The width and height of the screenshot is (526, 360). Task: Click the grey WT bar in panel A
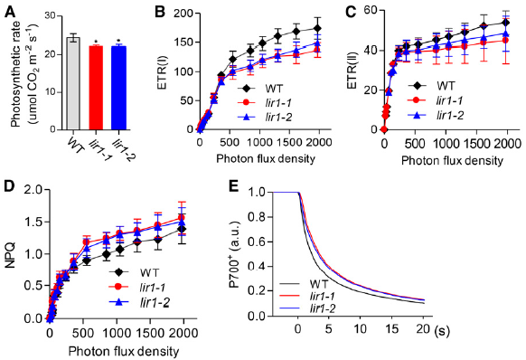pos(73,83)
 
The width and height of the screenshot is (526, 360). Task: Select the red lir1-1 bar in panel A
pos(96,88)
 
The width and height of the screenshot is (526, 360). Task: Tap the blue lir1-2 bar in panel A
pos(118,88)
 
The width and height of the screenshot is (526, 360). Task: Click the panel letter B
pos(160,13)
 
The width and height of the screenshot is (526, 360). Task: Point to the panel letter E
pos(233,186)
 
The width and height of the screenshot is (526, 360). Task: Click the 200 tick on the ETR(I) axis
pos(185,14)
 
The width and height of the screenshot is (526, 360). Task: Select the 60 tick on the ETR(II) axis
pos(370,11)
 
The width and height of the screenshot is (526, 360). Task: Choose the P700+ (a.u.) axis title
pos(235,254)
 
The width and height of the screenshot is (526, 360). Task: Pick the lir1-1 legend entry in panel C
pos(436,100)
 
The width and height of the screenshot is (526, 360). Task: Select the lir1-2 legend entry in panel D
pos(139,303)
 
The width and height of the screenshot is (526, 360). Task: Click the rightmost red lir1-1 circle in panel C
pos(505,41)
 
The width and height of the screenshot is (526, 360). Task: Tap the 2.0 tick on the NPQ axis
pos(34,190)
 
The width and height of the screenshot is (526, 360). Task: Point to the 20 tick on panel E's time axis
pos(423,329)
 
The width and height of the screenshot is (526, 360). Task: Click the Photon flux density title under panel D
pos(124,352)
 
